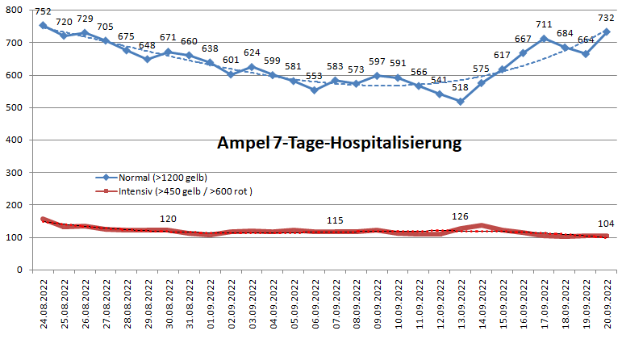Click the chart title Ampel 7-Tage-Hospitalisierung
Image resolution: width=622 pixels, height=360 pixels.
pyautogui.click(x=339, y=144)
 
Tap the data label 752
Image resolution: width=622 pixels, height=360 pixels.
pyautogui.click(x=43, y=11)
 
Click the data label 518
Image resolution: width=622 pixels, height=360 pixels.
pyautogui.click(x=460, y=88)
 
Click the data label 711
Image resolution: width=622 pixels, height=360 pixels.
pyautogui.click(x=544, y=24)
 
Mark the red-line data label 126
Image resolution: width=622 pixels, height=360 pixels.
pyautogui.click(x=460, y=216)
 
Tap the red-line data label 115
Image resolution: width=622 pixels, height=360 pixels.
pyautogui.click(x=334, y=220)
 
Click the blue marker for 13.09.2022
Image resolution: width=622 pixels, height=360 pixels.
pyautogui.click(x=460, y=102)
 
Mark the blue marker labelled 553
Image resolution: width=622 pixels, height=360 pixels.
pyautogui.click(x=314, y=90)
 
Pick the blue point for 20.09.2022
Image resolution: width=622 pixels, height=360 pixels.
pyautogui.click(x=607, y=31)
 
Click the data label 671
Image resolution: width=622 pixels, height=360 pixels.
pyautogui.click(x=168, y=38)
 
